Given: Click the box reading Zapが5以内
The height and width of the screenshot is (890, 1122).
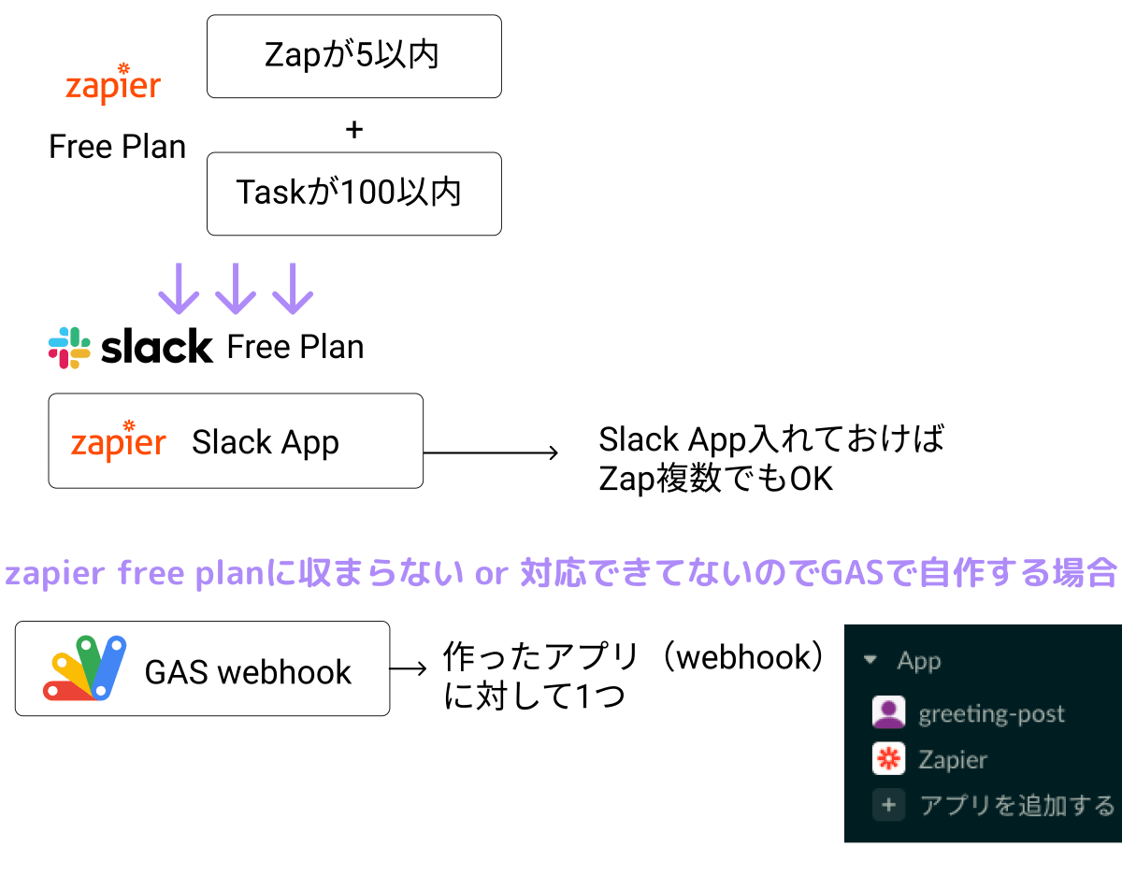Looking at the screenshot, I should [x=353, y=56].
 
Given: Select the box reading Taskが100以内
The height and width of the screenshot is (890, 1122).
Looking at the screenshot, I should [x=353, y=194].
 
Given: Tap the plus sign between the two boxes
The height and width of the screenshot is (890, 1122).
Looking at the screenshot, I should [x=353, y=130].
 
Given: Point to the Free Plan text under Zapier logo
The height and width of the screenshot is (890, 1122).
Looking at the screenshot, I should [x=117, y=147].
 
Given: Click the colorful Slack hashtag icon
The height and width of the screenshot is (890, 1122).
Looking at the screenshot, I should [x=69, y=347].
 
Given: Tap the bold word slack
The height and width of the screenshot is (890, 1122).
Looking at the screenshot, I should [x=157, y=347].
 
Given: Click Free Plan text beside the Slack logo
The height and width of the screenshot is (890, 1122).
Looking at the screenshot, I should [x=295, y=347].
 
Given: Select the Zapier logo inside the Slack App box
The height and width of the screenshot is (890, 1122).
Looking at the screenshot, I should [x=119, y=441].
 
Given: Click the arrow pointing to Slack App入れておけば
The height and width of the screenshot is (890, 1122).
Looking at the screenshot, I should [x=491, y=453].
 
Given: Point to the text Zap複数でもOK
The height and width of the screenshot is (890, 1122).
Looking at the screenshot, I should [x=715, y=479].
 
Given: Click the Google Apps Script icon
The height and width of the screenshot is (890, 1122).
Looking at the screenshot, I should [x=85, y=668].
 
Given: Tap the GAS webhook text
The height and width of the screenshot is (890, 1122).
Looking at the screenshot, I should [x=248, y=671].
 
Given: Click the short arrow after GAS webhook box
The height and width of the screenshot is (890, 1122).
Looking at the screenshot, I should [x=409, y=669].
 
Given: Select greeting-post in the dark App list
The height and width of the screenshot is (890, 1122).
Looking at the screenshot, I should [x=991, y=714].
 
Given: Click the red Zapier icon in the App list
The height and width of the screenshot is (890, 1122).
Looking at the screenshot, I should [x=888, y=759].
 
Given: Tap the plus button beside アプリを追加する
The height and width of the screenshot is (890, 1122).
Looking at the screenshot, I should [x=888, y=805].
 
